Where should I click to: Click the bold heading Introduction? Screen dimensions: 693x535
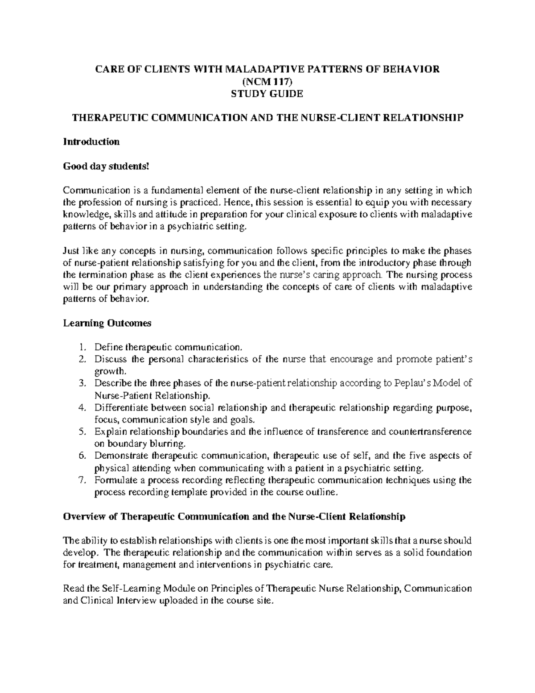91,142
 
